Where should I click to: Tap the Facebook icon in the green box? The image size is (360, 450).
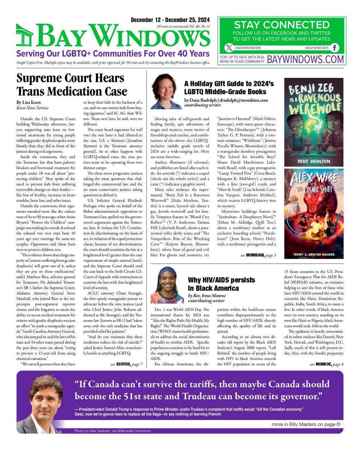(x=335, y=48)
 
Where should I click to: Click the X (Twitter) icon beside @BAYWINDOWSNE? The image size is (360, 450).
(x=229, y=48)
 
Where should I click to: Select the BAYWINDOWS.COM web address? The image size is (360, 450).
(x=305, y=59)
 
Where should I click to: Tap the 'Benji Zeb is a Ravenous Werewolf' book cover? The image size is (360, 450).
(x=314, y=121)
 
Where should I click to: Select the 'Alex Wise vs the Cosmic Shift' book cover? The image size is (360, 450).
(x=314, y=213)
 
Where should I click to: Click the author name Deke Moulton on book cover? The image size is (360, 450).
(x=314, y=161)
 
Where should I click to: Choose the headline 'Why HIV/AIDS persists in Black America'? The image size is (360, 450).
(x=221, y=284)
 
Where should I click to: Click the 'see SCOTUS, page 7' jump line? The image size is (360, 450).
(x=126, y=365)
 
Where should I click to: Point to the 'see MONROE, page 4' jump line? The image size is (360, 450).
(x=327, y=365)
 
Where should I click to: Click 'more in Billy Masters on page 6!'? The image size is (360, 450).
(x=306, y=424)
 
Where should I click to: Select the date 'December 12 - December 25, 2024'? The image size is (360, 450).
(x=170, y=20)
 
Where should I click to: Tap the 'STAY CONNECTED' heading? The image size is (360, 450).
(x=282, y=25)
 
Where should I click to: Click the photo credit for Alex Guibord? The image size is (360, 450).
(x=113, y=431)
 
